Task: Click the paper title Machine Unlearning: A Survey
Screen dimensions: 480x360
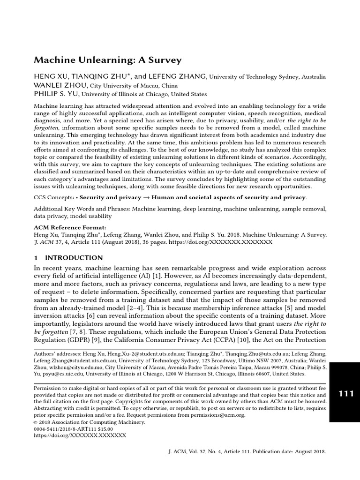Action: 107,60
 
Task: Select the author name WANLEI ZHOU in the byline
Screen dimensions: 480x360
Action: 60,85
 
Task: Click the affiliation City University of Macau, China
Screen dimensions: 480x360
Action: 134,86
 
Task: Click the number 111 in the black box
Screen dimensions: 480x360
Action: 346,394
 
